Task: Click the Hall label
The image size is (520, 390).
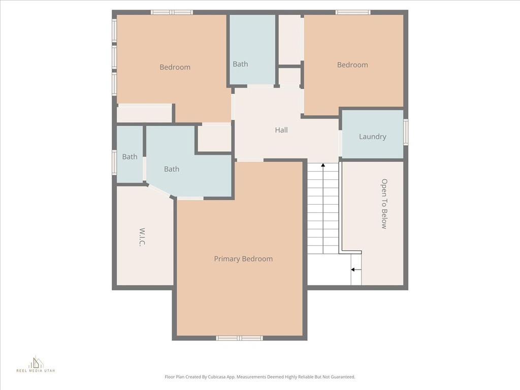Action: (x=281, y=130)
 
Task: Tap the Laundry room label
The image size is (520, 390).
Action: (x=372, y=137)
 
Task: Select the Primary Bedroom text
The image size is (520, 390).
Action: (x=243, y=259)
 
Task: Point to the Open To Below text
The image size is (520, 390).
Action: (x=384, y=204)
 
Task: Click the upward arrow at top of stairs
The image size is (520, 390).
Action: (x=323, y=166)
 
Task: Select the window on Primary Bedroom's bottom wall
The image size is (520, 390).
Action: (x=239, y=338)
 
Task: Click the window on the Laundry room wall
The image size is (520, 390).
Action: (x=406, y=132)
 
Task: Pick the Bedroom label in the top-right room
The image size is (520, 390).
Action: (x=352, y=65)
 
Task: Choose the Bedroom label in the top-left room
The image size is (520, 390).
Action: (x=175, y=67)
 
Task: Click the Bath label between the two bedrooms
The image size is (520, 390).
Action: (x=240, y=64)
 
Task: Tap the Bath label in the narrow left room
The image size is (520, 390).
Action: (x=129, y=157)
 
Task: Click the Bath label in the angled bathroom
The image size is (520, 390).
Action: (x=172, y=169)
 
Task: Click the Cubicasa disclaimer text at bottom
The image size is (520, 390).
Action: (x=259, y=377)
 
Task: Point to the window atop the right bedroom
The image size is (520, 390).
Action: (x=353, y=12)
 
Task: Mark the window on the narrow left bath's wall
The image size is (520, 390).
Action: (x=114, y=162)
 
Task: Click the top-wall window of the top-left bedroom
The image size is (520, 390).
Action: (x=172, y=12)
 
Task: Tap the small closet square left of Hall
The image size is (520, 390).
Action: (x=214, y=139)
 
